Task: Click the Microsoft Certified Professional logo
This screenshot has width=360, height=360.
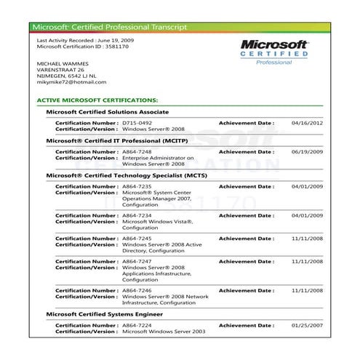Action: click(x=275, y=52)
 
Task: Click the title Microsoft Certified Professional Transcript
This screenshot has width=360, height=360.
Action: click(x=109, y=27)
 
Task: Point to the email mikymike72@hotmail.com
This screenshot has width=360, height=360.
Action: click(x=71, y=82)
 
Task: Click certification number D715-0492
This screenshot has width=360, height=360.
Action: click(x=137, y=123)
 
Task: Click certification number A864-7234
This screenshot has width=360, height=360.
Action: click(x=137, y=215)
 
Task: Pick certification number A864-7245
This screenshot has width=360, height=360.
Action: click(x=137, y=238)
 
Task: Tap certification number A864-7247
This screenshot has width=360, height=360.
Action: click(x=137, y=260)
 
